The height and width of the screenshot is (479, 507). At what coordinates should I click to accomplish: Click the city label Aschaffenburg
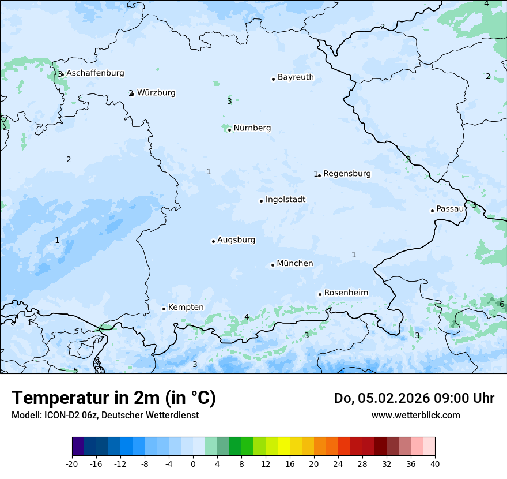pyautogui.click(x=95, y=73)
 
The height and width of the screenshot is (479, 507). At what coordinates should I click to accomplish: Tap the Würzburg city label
pyautogui.click(x=156, y=93)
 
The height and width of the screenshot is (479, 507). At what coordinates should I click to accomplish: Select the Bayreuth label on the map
pyautogui.click(x=296, y=77)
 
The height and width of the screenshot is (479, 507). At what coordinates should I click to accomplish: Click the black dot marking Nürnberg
pyautogui.click(x=229, y=130)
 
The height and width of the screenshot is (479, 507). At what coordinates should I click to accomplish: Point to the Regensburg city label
pyautogui.click(x=347, y=174)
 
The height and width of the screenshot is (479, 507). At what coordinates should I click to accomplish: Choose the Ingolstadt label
pyautogui.click(x=285, y=200)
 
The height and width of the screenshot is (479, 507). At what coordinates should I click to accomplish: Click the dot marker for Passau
pyautogui.click(x=432, y=211)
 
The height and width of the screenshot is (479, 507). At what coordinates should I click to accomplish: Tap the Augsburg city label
pyautogui.click(x=236, y=240)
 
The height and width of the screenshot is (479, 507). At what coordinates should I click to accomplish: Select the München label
pyautogui.click(x=295, y=264)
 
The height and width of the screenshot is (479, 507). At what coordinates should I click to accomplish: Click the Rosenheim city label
pyautogui.click(x=346, y=293)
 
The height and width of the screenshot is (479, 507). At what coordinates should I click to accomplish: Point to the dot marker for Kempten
pyautogui.click(x=164, y=309)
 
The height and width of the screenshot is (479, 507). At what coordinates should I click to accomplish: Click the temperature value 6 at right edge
pyautogui.click(x=502, y=304)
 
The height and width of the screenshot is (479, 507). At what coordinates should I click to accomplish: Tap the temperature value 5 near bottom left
pyautogui.click(x=75, y=371)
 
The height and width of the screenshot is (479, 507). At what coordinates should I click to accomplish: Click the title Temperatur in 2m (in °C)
pyautogui.click(x=113, y=398)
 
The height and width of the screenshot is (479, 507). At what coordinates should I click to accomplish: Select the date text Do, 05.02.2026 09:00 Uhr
pyautogui.click(x=414, y=398)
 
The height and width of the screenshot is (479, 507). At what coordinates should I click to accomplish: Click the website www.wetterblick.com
pyautogui.click(x=415, y=415)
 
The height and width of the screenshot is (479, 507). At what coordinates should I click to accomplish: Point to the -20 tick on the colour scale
pyautogui.click(x=72, y=463)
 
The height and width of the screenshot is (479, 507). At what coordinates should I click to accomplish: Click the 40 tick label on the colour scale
pyautogui.click(x=435, y=463)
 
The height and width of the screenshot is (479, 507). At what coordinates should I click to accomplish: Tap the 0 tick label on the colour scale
pyautogui.click(x=193, y=463)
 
